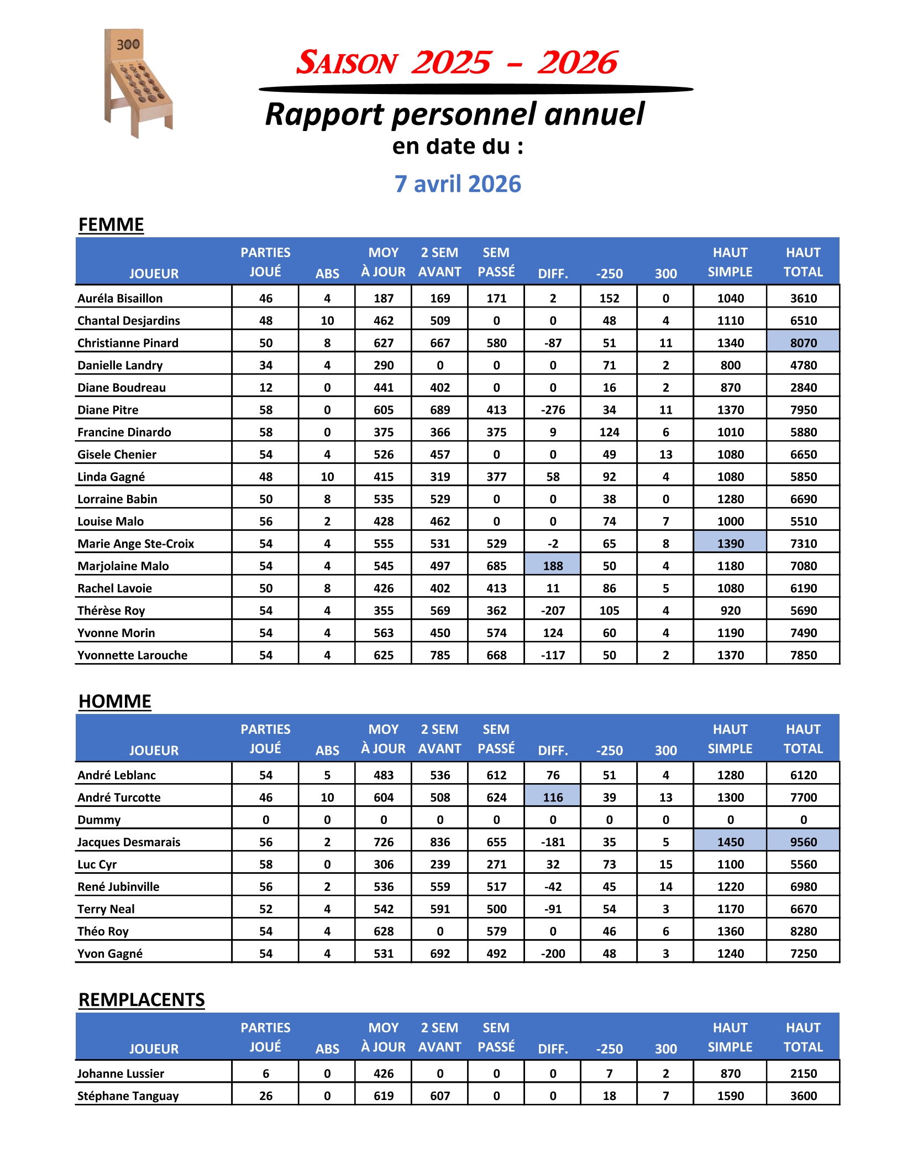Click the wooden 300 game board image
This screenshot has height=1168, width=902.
tap(138, 82)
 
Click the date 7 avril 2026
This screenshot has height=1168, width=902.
tap(458, 184)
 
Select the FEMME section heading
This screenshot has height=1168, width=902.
tap(111, 225)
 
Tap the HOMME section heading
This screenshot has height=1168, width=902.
tap(115, 701)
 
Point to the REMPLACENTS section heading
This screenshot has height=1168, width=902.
tap(141, 1000)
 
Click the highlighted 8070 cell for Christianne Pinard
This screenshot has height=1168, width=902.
tap(803, 343)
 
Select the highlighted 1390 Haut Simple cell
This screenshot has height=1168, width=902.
tap(730, 544)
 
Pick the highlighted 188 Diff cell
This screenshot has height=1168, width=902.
tap(553, 566)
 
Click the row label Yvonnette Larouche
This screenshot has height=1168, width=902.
tap(133, 655)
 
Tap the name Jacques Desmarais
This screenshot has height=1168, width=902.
tap(129, 842)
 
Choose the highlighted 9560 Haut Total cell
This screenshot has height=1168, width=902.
tap(803, 842)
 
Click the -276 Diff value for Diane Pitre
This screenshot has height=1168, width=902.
tap(553, 410)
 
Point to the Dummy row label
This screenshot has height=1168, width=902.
tap(99, 820)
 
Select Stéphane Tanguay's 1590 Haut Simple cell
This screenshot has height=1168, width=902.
tap(730, 1096)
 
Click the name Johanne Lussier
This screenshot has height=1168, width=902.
tap(120, 1074)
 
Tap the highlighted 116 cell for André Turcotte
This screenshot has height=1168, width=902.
tap(553, 797)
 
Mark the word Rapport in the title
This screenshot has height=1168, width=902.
tap(325, 114)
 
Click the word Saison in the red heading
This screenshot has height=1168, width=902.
tap(347, 62)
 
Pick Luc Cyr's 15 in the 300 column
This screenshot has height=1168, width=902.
tap(665, 864)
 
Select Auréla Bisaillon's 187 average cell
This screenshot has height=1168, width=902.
tap(384, 299)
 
